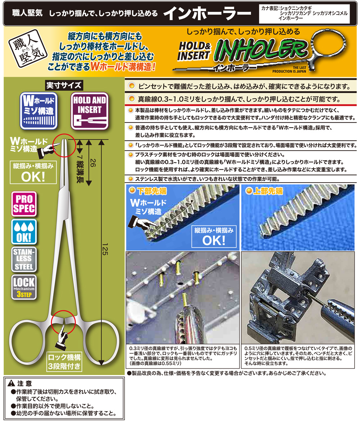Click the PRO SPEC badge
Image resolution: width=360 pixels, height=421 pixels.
click(x=24, y=204)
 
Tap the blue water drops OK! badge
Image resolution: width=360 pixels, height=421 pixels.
click(x=24, y=232)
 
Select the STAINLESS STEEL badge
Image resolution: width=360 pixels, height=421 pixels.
click(x=24, y=259)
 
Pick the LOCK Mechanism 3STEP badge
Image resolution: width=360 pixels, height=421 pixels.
click(x=24, y=287)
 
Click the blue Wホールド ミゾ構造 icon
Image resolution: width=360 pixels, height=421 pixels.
click(x=39, y=111)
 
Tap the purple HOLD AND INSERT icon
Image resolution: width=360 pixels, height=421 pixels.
click(x=89, y=111)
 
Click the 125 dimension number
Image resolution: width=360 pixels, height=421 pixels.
click(x=105, y=250)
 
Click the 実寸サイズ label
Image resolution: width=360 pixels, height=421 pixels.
click(x=64, y=85)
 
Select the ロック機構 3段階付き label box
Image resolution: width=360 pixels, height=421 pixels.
click(x=64, y=362)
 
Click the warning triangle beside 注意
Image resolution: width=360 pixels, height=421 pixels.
click(x=11, y=383)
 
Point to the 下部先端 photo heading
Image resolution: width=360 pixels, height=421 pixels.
click(x=152, y=191)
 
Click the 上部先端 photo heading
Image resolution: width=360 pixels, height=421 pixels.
click(x=268, y=191)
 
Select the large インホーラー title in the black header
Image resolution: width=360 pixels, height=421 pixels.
click(x=207, y=13)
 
